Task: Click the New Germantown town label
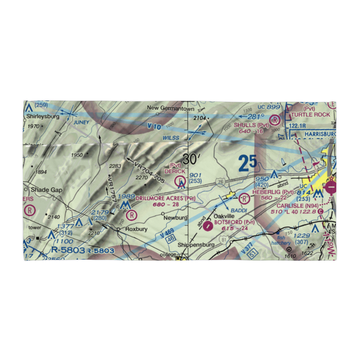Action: tap(171, 109)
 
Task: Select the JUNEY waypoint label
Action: tap(81, 122)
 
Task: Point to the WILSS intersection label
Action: tap(171, 138)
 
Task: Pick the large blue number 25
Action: tap(248, 163)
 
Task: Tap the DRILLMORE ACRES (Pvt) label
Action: tap(166, 198)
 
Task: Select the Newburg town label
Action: tap(175, 218)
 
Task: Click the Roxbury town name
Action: tap(135, 229)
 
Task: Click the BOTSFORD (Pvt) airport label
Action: tap(234, 222)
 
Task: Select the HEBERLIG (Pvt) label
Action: tap(273, 192)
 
